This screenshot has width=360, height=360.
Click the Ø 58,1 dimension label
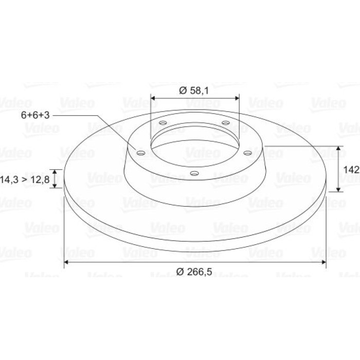pyautogui.click(x=194, y=91)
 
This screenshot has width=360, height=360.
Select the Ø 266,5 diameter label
pyautogui.click(x=194, y=272)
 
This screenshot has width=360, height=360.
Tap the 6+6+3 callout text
pyautogui.click(x=35, y=115)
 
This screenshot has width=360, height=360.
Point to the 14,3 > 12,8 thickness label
pyautogui.click(x=25, y=179)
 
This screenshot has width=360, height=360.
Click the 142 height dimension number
pyautogui.click(x=351, y=170)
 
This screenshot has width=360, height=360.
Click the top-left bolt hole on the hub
pyautogui.click(x=163, y=123)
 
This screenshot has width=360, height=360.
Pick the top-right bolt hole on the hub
pyautogui.click(x=226, y=123)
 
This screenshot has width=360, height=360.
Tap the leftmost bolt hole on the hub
pyautogui.click(x=141, y=153)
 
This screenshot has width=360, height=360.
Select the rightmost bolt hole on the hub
pyautogui.click(x=248, y=153)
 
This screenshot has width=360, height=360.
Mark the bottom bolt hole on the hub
pyautogui.click(x=194, y=173)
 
